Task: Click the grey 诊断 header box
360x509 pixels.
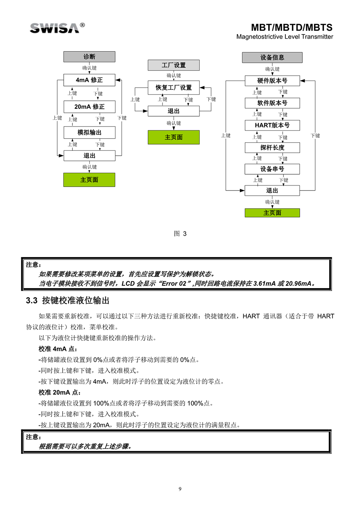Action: click(89, 57)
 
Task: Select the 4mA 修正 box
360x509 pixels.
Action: click(89, 80)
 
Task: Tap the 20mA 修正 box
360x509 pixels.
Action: click(89, 107)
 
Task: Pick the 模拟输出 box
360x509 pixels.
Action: click(89, 133)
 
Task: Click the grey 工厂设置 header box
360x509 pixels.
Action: click(174, 65)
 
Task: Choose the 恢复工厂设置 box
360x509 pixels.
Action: click(174, 87)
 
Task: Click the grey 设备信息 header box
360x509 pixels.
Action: click(272, 58)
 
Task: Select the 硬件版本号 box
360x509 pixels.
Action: click(272, 81)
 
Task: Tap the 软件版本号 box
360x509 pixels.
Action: click(272, 103)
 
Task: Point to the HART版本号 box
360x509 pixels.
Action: click(272, 125)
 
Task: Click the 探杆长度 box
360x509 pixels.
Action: click(272, 148)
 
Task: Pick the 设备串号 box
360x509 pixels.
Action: click(272, 169)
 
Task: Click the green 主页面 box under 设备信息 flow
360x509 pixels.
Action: click(272, 213)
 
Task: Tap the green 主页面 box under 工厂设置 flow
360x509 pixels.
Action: click(174, 137)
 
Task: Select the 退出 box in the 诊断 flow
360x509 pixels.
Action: click(89, 156)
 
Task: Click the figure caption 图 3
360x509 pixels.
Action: click(180, 234)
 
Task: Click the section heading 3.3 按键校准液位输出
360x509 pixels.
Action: click(67, 301)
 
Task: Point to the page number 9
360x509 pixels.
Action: click(180, 489)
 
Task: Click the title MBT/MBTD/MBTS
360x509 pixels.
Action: click(291, 28)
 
